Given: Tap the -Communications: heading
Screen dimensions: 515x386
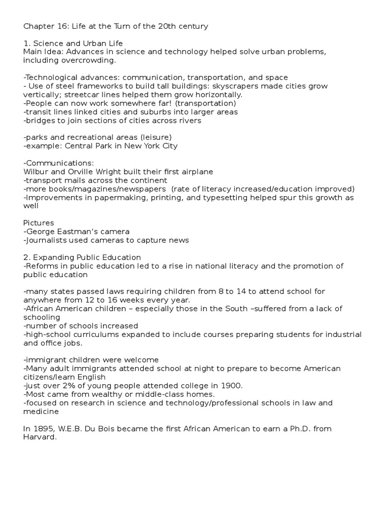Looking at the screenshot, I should [x=58, y=163].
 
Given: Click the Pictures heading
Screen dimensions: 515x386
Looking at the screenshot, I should [x=38, y=223].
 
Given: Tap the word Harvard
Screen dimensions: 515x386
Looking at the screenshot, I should [x=40, y=437].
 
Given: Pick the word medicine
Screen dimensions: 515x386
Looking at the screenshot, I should [x=41, y=411].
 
